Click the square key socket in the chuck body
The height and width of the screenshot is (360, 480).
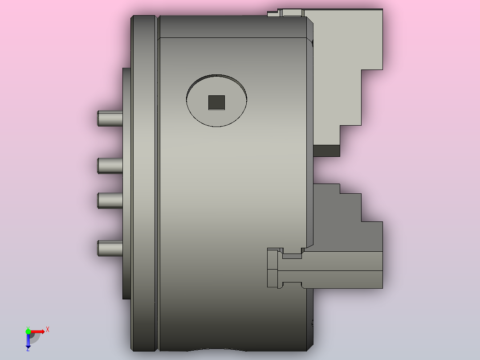[x=217, y=102]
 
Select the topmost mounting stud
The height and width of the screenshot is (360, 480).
[x=110, y=119]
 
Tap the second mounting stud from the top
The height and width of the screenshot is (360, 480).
[x=110, y=165]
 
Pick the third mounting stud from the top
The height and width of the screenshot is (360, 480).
[x=110, y=200]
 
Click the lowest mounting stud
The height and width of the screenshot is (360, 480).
[x=110, y=248]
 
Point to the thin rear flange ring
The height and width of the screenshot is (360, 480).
[x=143, y=183]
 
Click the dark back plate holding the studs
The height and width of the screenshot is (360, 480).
[x=126, y=183]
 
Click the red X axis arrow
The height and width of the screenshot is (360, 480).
[x=38, y=331]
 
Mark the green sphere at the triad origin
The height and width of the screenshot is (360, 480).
[x=28, y=331]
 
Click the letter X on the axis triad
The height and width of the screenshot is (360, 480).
[x=48, y=329]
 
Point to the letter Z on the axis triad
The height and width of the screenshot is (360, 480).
[x=28, y=350]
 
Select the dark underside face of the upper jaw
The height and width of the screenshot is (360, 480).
[x=326, y=151]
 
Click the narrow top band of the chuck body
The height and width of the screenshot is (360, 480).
[x=232, y=27]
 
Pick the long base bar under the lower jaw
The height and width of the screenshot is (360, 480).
[x=343, y=279]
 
